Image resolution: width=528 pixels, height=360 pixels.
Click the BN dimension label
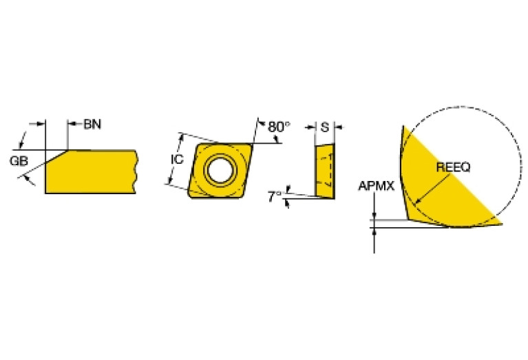(x=92, y=125)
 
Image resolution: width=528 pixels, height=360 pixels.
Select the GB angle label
(x=19, y=161)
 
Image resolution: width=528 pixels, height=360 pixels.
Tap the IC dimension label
(x=177, y=159)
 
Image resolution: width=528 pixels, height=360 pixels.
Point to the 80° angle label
(x=279, y=127)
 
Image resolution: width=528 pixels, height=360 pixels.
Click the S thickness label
(x=325, y=127)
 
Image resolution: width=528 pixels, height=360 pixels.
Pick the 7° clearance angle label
(x=275, y=197)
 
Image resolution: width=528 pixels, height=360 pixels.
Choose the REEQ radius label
(x=453, y=167)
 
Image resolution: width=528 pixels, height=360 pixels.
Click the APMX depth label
(x=376, y=186)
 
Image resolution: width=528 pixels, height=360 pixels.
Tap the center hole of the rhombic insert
(x=220, y=169)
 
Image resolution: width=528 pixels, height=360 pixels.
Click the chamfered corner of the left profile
(x=56, y=156)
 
